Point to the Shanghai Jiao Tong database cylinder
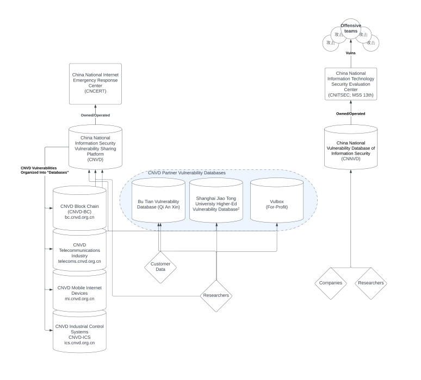216,201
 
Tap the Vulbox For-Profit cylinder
277,201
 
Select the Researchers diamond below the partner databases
216,295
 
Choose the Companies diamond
331,283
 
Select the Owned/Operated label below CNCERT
95,115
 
